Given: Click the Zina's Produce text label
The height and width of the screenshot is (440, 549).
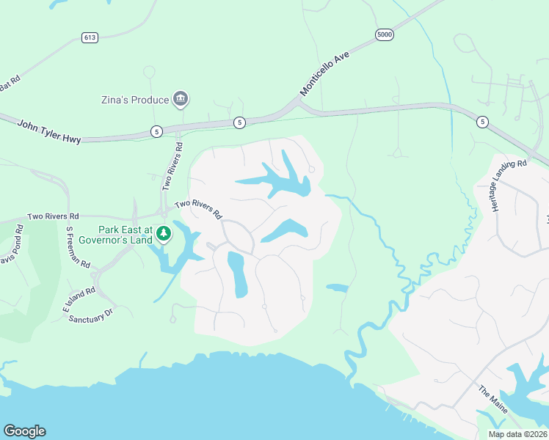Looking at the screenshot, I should tap(135, 100).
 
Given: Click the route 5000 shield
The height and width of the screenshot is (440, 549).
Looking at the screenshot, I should tap(384, 34).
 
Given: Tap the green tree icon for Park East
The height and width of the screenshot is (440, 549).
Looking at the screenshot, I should tap(164, 234).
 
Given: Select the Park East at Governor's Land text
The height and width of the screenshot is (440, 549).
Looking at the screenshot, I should tap(115, 235).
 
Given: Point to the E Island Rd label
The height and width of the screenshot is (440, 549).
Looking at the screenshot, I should tap(80, 301).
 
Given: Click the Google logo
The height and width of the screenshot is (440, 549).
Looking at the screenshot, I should tap(24, 431).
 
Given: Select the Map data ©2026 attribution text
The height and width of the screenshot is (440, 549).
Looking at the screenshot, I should tap(517, 433).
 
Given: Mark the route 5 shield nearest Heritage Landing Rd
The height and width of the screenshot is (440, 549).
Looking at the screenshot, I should tap(481, 122).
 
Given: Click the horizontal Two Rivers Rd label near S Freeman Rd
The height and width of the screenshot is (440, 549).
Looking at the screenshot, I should tap(53, 217).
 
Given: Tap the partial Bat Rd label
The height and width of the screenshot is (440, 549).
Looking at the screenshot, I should tap(10, 84).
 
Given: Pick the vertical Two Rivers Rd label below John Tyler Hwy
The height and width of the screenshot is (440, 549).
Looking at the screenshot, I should tap(171, 166).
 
